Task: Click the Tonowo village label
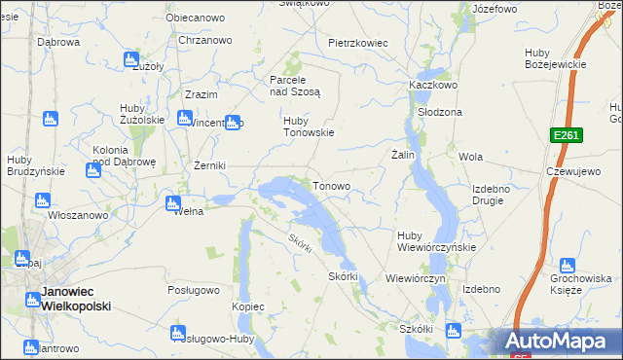coord(331,185)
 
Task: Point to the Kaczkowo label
coord(433,85)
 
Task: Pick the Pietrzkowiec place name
coord(358,43)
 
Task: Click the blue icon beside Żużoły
coord(130,59)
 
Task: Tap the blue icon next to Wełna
coord(172,204)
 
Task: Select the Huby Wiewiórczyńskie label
coord(436,240)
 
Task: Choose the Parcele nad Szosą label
coord(294,85)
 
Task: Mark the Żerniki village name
coord(209,165)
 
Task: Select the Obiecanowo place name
coord(192,18)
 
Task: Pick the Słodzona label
coord(439,112)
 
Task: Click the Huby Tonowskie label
coord(309,127)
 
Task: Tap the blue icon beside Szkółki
coord(451,330)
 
